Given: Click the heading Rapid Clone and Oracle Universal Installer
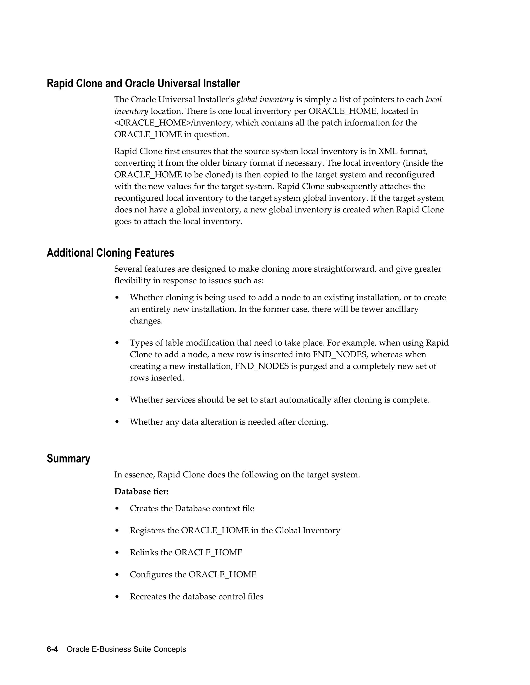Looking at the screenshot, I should coord(143,84).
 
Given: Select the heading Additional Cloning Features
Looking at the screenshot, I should coord(110,253).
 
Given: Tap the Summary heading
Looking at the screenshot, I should coord(68,459).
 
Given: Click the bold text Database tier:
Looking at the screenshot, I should coord(141,491).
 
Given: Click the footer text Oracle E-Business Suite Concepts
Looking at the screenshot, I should coord(126,649).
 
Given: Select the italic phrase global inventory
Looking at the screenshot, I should coord(265,100).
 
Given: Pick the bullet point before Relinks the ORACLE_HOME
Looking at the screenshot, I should coord(117,553).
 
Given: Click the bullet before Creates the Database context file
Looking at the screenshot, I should coord(117,508).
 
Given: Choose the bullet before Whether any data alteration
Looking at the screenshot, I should coord(117,422).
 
